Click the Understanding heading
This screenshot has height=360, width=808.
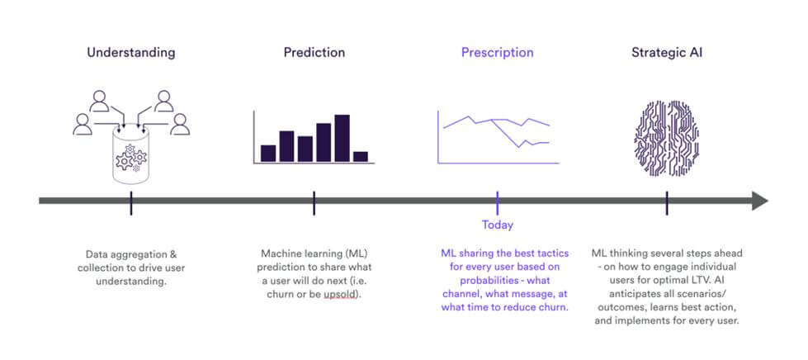131,53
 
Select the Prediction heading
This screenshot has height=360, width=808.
314,53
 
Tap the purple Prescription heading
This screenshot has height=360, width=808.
498,53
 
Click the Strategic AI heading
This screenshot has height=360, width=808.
667,53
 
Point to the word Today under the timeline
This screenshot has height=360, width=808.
498,225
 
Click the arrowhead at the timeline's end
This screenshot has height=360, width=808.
760,201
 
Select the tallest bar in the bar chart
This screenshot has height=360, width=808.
343,138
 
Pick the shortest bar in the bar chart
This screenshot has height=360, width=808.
361,157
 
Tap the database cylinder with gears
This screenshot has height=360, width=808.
131,154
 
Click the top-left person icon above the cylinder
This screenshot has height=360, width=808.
99,101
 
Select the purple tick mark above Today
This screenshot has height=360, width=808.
498,203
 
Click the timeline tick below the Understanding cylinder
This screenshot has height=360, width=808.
131,203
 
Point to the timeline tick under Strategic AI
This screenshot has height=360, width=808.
667,203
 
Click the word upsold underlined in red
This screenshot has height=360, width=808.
341,296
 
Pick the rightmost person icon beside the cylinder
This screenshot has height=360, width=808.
180,125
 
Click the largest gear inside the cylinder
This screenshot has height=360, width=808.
124,162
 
